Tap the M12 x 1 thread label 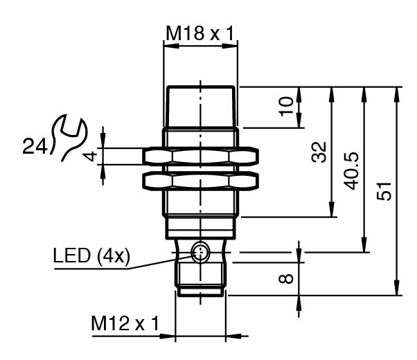pos(125,323)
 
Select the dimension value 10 pos(286,107)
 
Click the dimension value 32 pos(319,152)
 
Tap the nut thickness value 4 pos(89,155)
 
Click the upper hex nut pos(200,156)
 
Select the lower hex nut pos(200,181)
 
